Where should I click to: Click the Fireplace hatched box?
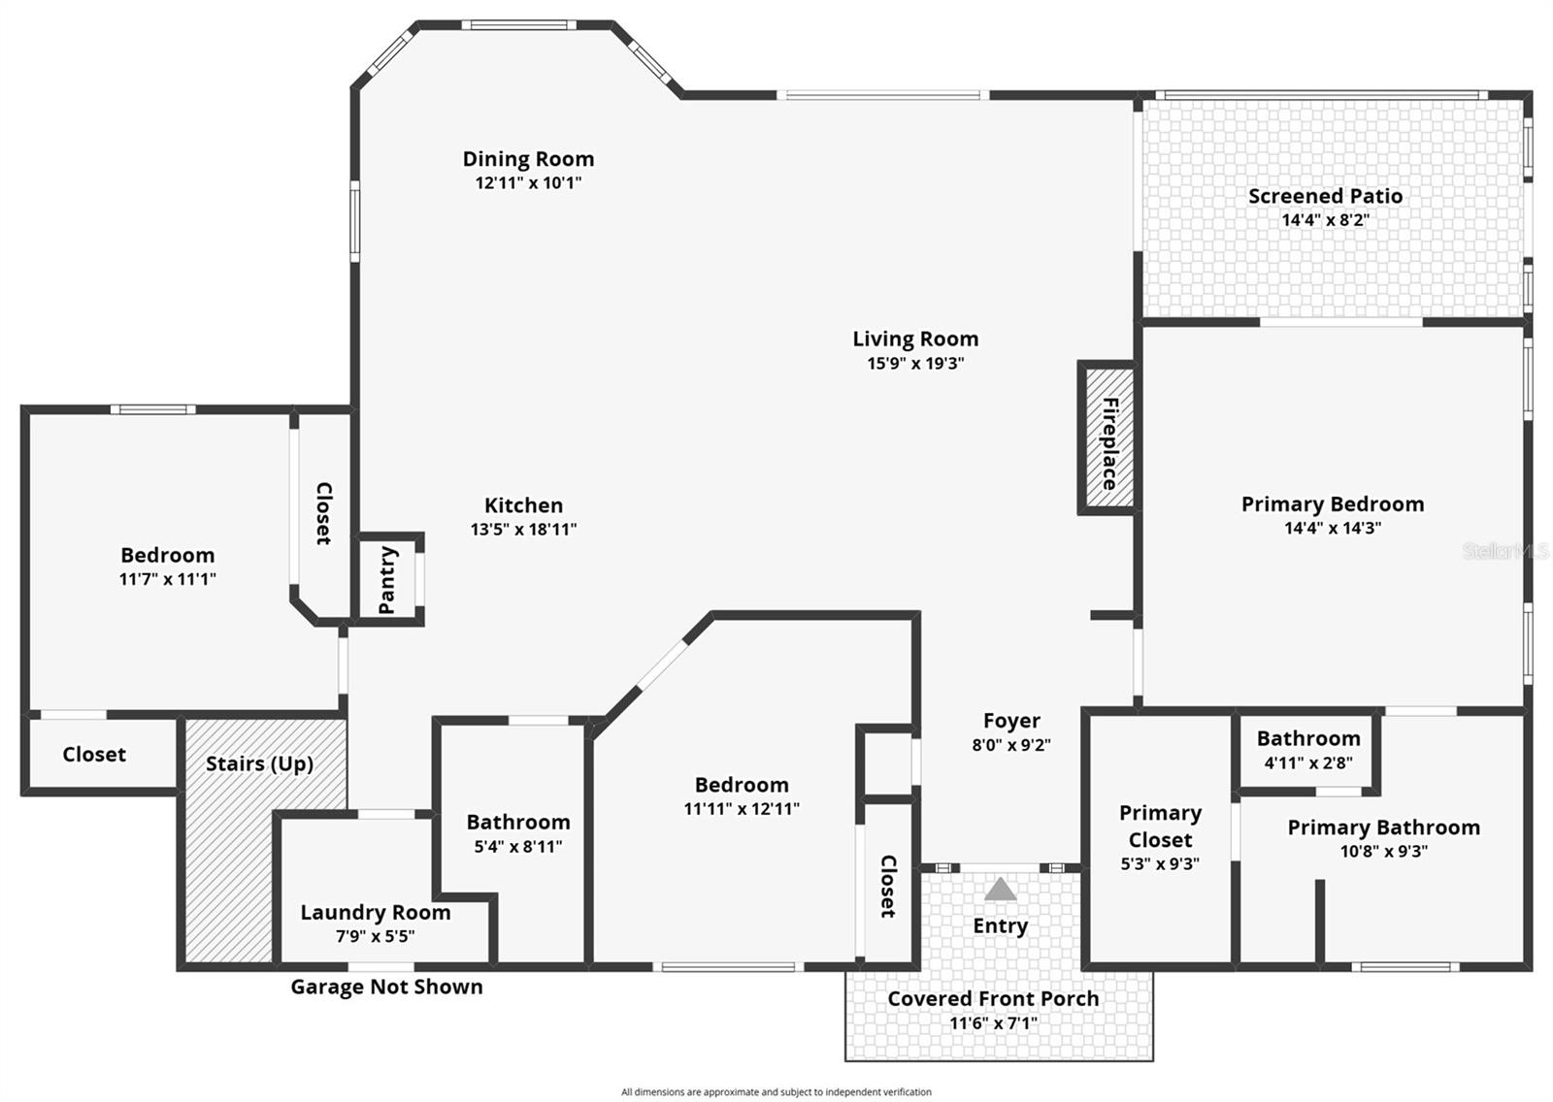tap(1107, 438)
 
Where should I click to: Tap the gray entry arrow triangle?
tap(1000, 891)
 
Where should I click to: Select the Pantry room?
tap(387, 579)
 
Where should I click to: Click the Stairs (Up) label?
tap(259, 763)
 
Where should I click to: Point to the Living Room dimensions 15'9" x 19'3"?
tap(915, 364)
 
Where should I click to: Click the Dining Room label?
tap(528, 159)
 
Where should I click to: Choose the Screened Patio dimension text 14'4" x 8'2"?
tap(1325, 220)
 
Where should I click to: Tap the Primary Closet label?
tap(1160, 826)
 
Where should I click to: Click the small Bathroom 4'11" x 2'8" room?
tap(1307, 750)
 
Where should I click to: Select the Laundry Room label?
tap(376, 912)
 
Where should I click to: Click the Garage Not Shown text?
tap(386, 987)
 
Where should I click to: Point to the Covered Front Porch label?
tap(993, 998)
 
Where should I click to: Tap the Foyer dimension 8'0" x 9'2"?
tap(1011, 745)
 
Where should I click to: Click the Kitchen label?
tap(523, 505)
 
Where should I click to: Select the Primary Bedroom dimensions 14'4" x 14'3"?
tap(1333, 529)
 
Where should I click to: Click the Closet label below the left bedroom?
tap(94, 755)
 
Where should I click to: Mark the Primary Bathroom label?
tap(1383, 827)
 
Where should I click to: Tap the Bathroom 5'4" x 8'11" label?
tap(518, 823)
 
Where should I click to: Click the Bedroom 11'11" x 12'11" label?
tap(742, 785)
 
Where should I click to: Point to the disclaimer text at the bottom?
tap(776, 1092)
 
